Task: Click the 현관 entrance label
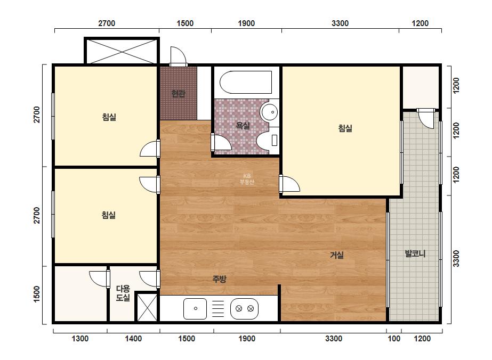point(178,93)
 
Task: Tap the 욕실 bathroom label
point(243,126)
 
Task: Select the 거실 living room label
point(337,255)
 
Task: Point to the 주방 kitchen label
point(219,279)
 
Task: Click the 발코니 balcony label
point(415,253)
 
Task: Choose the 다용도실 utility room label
point(123,293)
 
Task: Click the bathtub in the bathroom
point(246,82)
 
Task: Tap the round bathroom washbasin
point(270,112)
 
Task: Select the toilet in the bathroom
point(268,140)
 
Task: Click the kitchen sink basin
point(195,308)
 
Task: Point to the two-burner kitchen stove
point(245,308)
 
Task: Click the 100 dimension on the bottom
point(394,339)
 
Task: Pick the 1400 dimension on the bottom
point(133,339)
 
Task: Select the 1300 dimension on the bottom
point(80,339)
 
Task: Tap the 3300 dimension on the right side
point(456,259)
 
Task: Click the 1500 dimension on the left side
point(37,294)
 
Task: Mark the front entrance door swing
point(178,56)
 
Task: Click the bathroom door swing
point(221,142)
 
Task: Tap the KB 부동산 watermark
point(247,179)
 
